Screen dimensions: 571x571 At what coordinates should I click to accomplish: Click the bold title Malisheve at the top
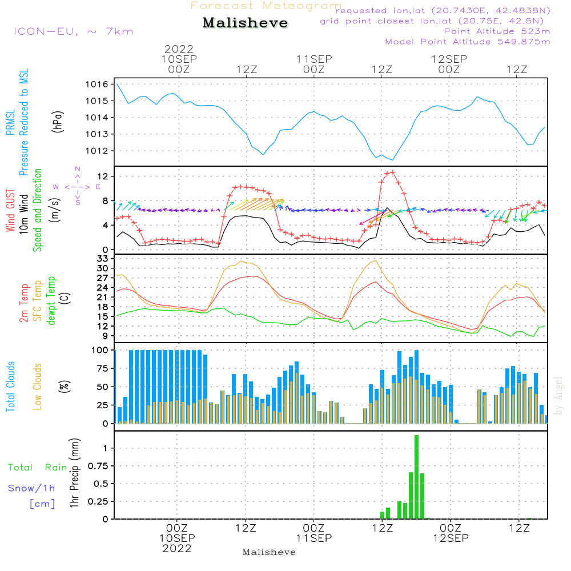[245, 23]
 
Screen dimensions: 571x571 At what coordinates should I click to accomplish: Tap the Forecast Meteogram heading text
[266, 6]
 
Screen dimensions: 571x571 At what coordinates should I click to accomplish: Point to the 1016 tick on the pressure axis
[98, 85]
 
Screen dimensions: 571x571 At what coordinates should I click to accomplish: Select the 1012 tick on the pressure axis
[98, 151]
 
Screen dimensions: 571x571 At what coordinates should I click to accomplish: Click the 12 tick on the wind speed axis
[103, 176]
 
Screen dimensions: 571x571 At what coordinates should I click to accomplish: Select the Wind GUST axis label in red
[10, 211]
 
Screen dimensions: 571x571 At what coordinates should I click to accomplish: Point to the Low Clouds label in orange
[38, 387]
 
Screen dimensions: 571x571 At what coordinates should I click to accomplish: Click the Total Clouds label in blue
[10, 387]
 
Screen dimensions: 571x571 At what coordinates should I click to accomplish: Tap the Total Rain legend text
[38, 468]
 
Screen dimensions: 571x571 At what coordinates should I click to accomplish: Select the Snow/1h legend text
[31, 488]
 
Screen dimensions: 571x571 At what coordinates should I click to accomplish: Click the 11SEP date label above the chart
[313, 59]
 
